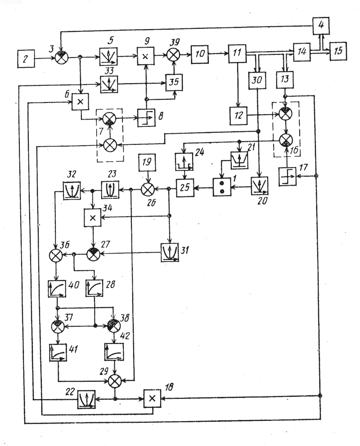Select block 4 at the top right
click(x=321, y=26)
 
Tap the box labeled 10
click(x=200, y=53)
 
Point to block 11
click(x=237, y=53)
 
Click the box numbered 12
click(x=238, y=116)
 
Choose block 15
click(x=338, y=51)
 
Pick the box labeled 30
click(x=257, y=80)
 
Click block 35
click(x=174, y=82)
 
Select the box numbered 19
click(x=147, y=162)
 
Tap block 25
click(x=185, y=188)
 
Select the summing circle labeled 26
click(x=148, y=188)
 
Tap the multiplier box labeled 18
click(x=152, y=398)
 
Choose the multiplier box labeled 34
click(x=93, y=218)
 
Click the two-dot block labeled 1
click(x=222, y=187)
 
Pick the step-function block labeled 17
click(x=288, y=177)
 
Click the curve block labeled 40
click(x=57, y=289)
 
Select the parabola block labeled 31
click(x=170, y=252)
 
